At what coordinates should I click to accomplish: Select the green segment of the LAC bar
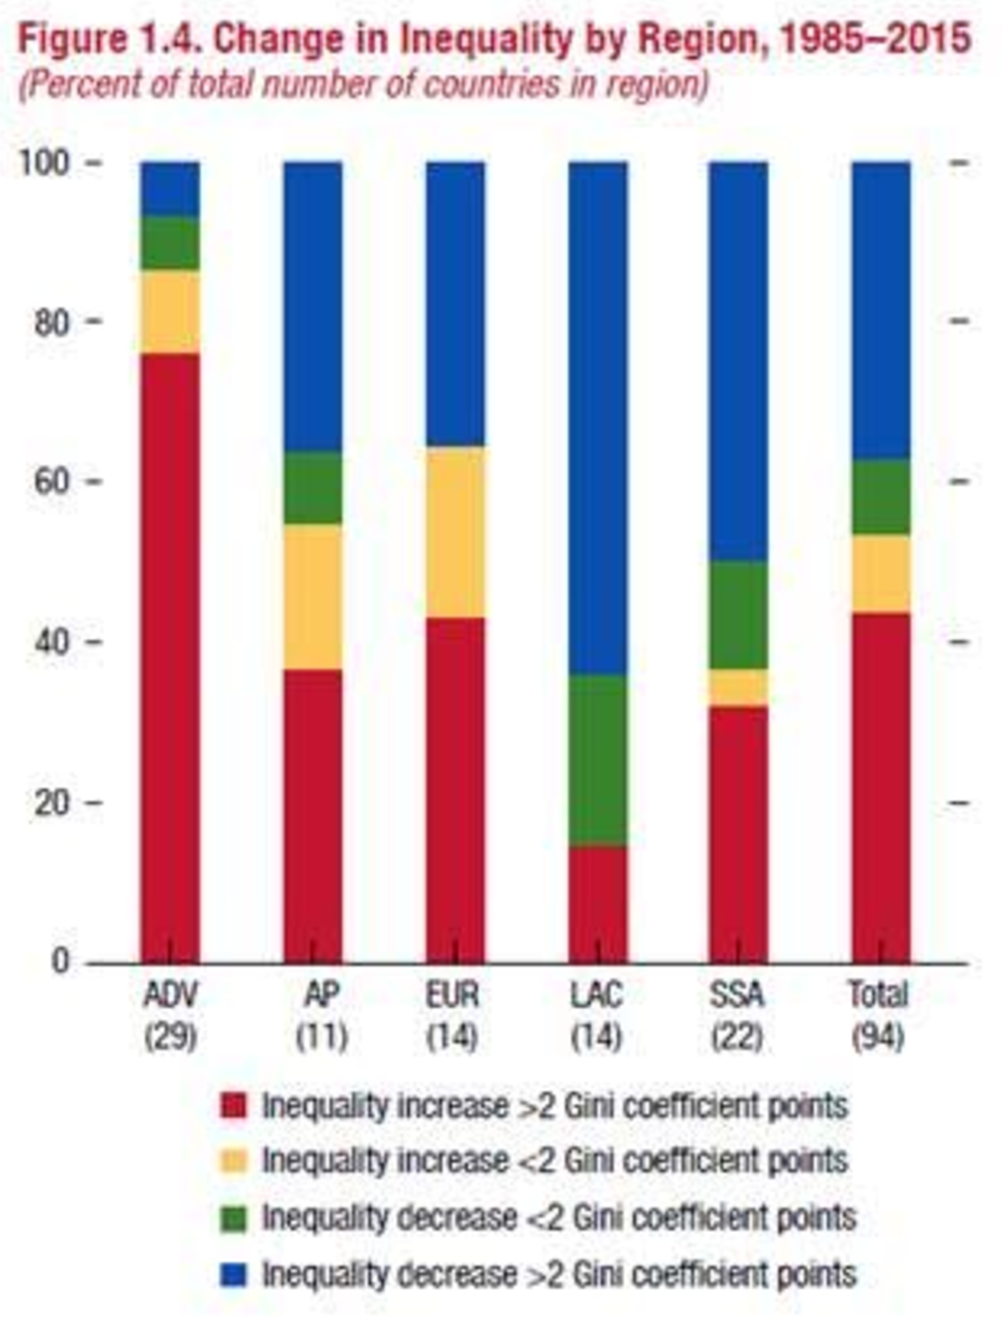[x=598, y=760]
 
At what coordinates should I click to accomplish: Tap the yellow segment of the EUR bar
[x=455, y=532]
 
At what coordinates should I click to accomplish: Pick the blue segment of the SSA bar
[x=738, y=361]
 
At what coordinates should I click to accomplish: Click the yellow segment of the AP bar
[x=312, y=597]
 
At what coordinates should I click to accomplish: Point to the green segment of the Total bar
[x=881, y=496]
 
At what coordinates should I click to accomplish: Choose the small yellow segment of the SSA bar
[x=738, y=687]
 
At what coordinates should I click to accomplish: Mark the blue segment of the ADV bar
[x=169, y=188]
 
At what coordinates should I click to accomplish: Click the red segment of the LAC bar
[x=598, y=904]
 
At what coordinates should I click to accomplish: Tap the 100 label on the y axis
[x=44, y=163]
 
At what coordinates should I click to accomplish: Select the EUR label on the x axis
[x=453, y=996]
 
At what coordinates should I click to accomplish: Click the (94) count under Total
[x=877, y=1038]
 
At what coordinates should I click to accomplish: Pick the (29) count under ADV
[x=171, y=1038]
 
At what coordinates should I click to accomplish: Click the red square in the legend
[x=234, y=1106]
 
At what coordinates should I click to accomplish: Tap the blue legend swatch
[x=234, y=1275]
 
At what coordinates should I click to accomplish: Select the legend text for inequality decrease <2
[x=558, y=1218]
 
